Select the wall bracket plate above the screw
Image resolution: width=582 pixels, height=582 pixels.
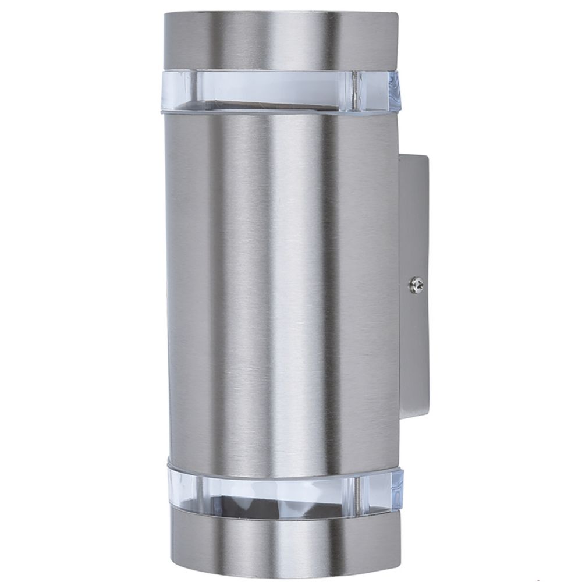[415, 221]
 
